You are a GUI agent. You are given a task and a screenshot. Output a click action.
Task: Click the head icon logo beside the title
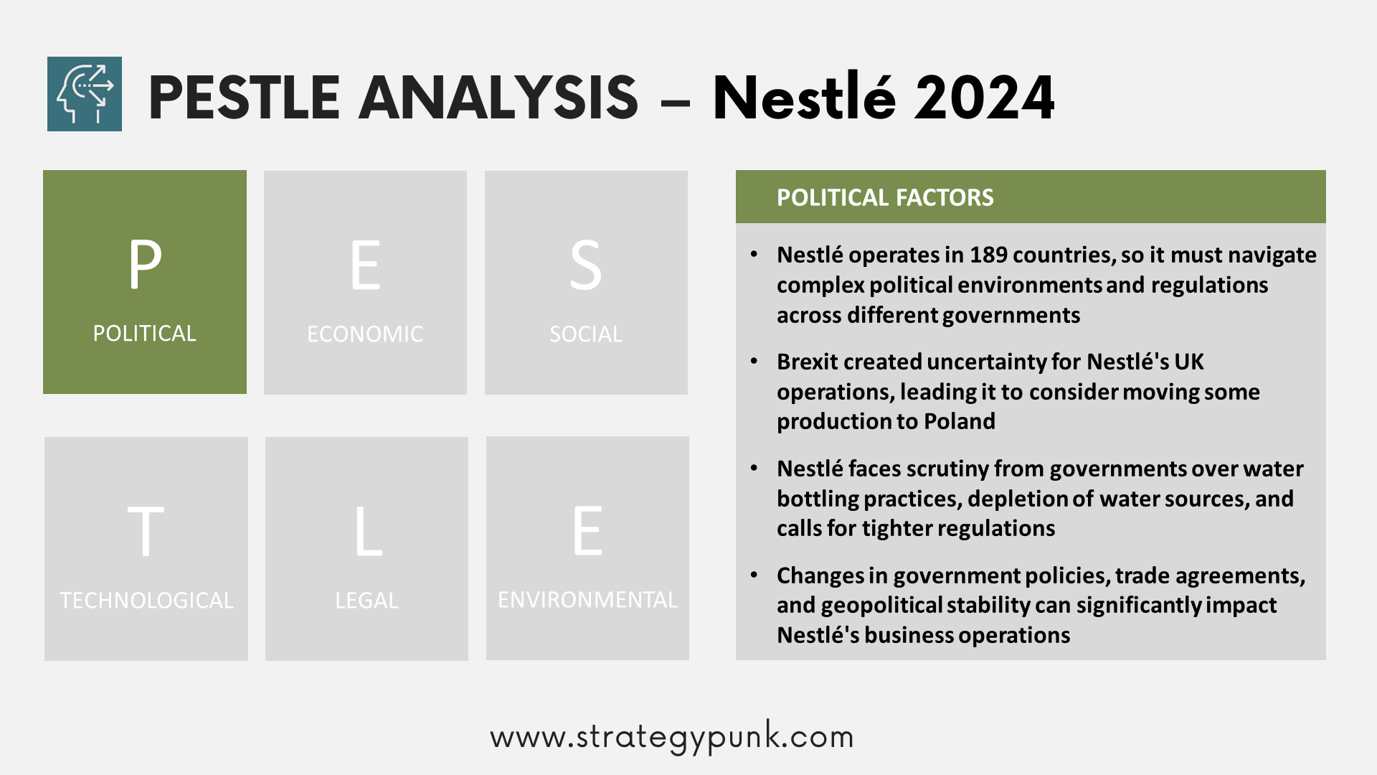click(85, 94)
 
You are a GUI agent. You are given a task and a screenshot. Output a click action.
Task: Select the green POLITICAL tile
click(145, 282)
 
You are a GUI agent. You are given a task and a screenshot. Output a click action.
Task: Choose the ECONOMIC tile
click(365, 282)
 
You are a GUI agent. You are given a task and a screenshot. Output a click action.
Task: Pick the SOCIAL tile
click(586, 282)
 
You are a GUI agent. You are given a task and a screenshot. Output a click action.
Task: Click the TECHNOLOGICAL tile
click(146, 549)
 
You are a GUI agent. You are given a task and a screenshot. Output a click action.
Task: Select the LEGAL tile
click(366, 549)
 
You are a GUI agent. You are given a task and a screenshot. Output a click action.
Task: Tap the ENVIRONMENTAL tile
click(587, 548)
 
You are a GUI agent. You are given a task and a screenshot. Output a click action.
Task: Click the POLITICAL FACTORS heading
click(885, 197)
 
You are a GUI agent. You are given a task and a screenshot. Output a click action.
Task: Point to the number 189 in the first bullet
click(988, 255)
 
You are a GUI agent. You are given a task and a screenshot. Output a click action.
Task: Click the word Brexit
click(808, 362)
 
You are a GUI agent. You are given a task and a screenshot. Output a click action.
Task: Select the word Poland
click(960, 421)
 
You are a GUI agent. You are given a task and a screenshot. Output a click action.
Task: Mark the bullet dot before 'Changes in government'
click(754, 576)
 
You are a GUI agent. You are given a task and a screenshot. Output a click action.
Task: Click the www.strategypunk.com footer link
click(672, 737)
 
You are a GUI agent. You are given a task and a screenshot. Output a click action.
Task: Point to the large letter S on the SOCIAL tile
click(586, 266)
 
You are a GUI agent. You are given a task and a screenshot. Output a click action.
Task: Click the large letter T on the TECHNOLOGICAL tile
click(146, 531)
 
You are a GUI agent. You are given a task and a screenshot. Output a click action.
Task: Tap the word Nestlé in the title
click(804, 96)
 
